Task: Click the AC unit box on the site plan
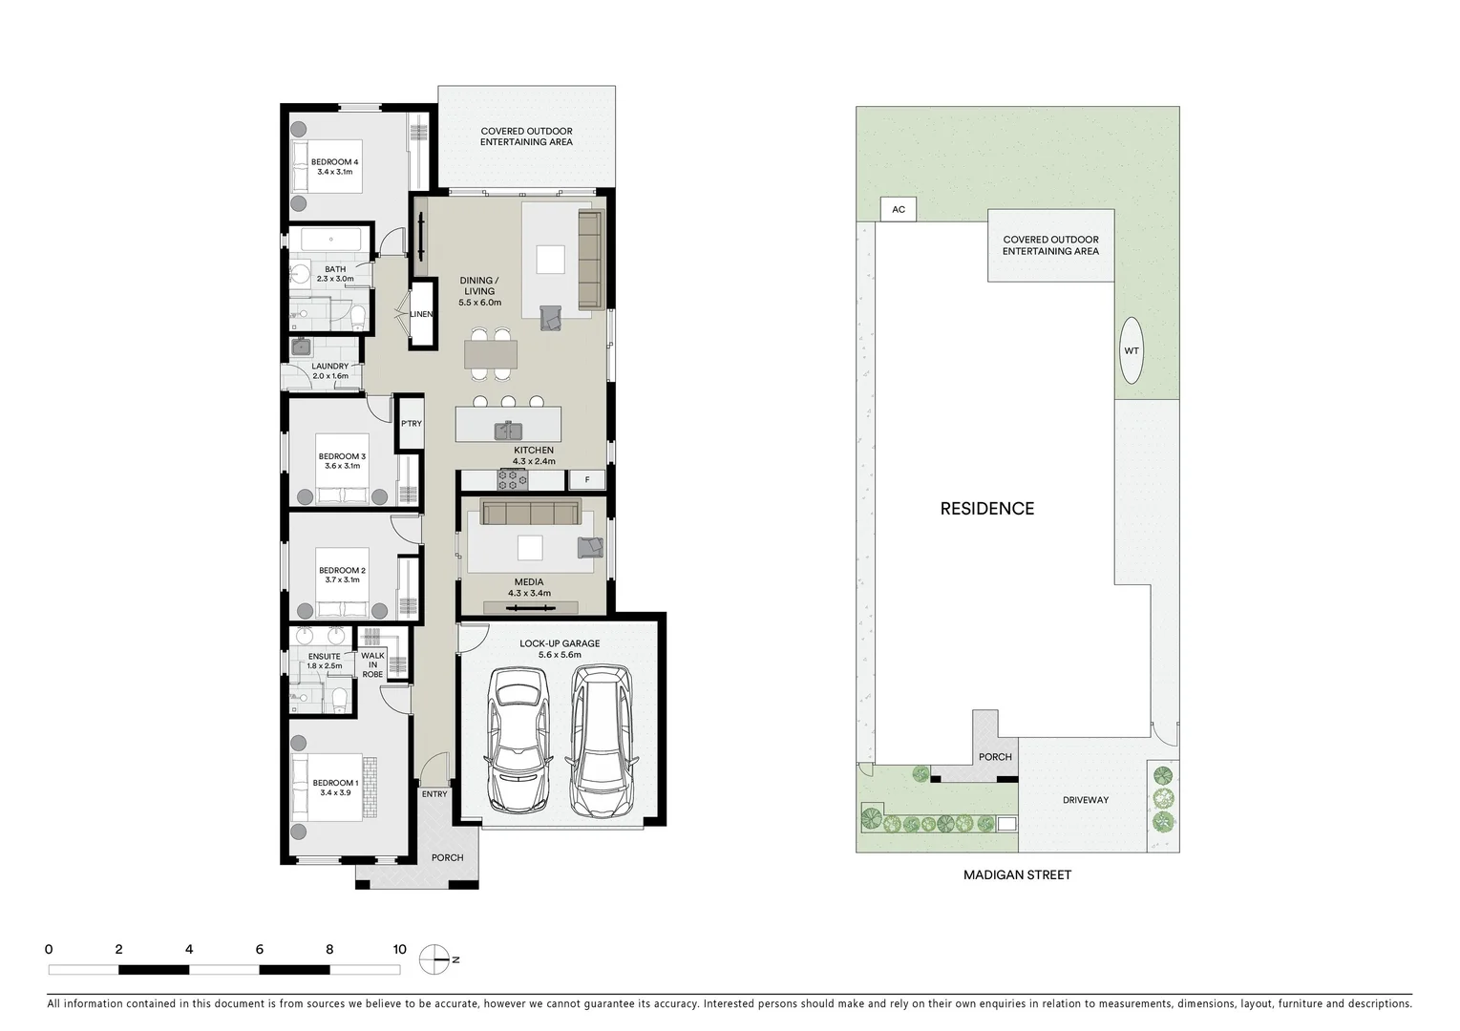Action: pos(898,209)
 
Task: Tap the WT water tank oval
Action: pos(1131,350)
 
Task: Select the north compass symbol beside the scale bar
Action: pos(434,958)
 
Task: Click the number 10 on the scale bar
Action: pos(399,949)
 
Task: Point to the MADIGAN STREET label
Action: pos(1017,874)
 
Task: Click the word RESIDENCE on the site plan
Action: pos(986,509)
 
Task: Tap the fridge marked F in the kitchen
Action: pos(587,480)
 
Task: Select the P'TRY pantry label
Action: pos(411,424)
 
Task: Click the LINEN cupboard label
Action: pos(421,314)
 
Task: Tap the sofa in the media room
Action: pos(530,514)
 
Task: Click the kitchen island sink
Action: pos(507,430)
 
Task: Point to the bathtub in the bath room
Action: pos(327,239)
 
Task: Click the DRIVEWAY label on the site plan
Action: pos(1086,800)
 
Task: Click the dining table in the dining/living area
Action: pos(491,354)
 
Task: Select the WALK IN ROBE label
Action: pos(372,664)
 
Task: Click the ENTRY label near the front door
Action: pos(434,794)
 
